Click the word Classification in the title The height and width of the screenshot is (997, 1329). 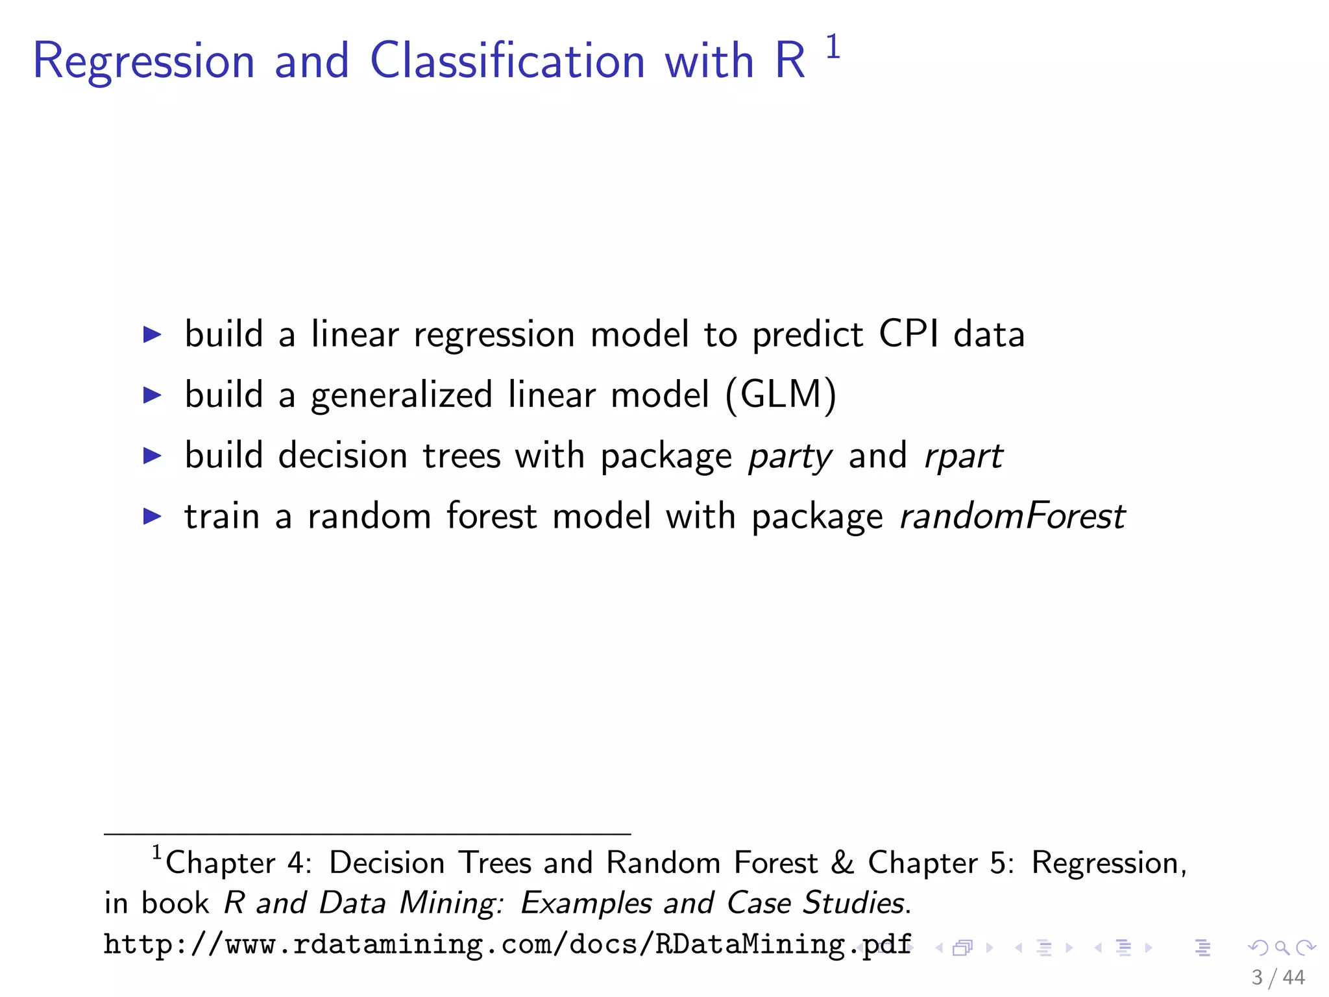[507, 61]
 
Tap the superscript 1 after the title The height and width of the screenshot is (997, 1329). [833, 48]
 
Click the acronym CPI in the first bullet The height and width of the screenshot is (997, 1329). [908, 334]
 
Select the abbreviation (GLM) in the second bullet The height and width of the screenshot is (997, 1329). [781, 395]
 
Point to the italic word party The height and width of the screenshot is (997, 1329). [790, 456]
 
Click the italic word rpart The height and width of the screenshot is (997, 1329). [964, 456]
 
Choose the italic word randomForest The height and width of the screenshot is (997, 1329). [1012, 517]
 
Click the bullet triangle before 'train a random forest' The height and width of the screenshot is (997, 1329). [152, 517]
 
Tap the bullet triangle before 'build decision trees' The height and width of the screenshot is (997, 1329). [152, 456]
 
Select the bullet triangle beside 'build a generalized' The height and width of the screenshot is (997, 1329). [152, 395]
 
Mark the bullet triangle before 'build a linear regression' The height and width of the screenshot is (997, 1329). [152, 334]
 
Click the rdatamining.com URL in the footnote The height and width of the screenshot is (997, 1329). [507, 944]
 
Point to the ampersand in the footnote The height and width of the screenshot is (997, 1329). [842, 863]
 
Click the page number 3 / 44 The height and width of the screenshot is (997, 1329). [1278, 978]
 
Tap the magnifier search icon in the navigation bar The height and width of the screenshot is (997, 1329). [1282, 948]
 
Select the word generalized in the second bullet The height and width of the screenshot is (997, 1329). [402, 395]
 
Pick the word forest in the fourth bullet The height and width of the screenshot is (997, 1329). [491, 517]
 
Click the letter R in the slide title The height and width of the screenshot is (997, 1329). [790, 61]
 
